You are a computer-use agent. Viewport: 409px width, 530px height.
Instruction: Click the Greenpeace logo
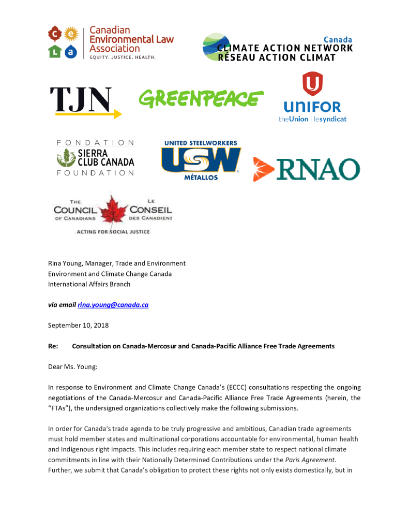coord(201,98)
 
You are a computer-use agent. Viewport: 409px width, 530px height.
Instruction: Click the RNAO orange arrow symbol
coord(263,169)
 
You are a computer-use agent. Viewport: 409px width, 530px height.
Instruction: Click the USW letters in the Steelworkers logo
coord(201,159)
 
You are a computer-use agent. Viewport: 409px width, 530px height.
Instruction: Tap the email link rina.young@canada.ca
coord(113,305)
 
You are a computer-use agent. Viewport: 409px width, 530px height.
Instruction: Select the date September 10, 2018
coord(78,326)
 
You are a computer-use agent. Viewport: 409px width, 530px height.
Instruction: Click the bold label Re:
coord(53,346)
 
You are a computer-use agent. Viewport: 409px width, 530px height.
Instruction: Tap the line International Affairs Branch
coord(89,284)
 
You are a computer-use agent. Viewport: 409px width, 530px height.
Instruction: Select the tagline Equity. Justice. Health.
coord(122,57)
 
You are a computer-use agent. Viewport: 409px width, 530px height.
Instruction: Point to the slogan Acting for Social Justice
coord(113,231)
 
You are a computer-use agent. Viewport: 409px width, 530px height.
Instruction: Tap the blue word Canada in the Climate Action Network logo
coord(338,40)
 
